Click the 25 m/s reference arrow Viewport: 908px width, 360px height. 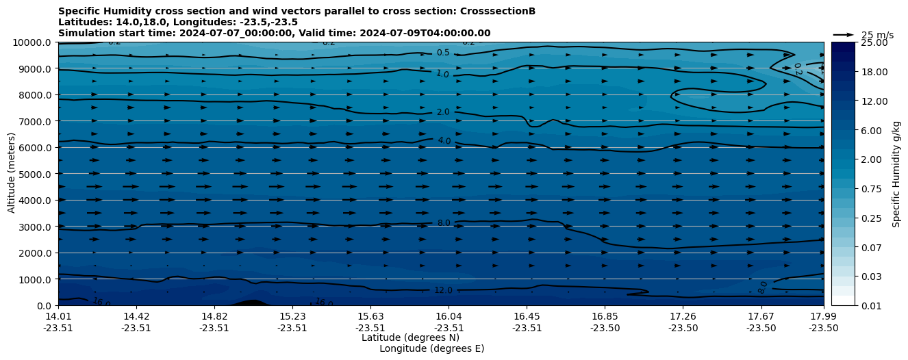coord(844,35)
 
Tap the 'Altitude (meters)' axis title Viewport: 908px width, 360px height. coord(12,174)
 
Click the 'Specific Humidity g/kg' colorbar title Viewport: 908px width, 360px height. coord(896,174)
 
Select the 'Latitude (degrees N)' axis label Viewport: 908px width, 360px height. coord(410,337)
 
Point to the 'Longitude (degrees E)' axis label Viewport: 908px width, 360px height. coord(431,348)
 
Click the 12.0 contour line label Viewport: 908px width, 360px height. coord(443,290)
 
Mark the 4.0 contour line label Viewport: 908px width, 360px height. coord(444,141)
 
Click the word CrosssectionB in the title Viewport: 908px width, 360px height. coord(497,12)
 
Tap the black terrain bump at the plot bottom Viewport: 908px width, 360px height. coord(251,303)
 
